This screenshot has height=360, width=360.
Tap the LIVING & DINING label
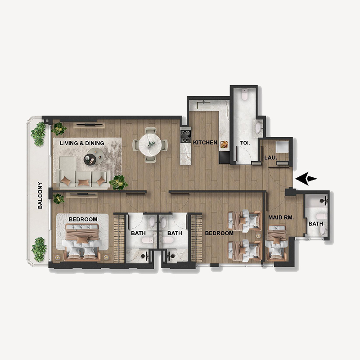(x=82, y=143)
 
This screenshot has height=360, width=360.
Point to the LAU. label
(x=270, y=158)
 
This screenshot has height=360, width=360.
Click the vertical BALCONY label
(x=40, y=195)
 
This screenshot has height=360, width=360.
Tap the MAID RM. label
(x=281, y=218)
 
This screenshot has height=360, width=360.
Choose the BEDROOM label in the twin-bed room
(x=219, y=234)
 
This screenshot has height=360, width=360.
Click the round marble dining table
(x=150, y=145)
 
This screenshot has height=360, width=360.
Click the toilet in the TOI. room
(x=244, y=95)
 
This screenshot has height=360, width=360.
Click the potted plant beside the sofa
(x=119, y=182)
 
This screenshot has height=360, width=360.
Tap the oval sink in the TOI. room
(x=259, y=128)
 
